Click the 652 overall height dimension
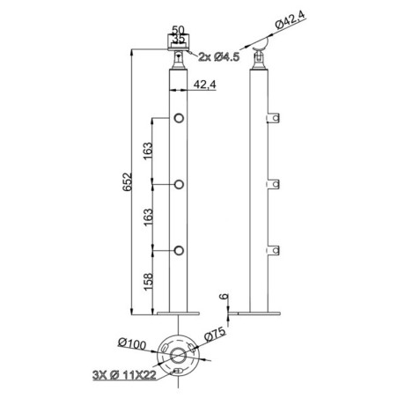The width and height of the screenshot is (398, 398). click(x=128, y=182)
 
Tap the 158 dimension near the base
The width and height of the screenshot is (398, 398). click(x=149, y=282)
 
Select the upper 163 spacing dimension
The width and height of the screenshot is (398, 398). click(x=149, y=151)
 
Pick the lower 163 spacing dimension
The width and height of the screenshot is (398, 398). click(x=149, y=217)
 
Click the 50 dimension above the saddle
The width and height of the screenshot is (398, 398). click(x=178, y=30)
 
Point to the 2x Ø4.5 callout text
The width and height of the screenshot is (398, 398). click(x=219, y=57)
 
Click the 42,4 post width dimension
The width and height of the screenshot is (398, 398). click(x=204, y=85)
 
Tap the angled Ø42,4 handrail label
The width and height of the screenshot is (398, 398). click(x=291, y=19)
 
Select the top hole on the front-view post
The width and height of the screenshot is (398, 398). click(x=179, y=118)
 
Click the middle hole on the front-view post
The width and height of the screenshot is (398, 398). click(x=179, y=185)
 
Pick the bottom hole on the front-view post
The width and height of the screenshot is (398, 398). click(x=179, y=251)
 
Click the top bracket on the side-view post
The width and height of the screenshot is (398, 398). click(x=273, y=118)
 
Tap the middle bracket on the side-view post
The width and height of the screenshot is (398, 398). click(x=273, y=185)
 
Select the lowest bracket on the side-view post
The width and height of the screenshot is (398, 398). click(x=273, y=251)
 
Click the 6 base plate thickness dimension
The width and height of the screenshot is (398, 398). click(x=224, y=297)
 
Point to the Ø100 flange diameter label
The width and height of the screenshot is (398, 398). click(x=132, y=343)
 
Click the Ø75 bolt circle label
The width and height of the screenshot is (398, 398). click(x=215, y=335)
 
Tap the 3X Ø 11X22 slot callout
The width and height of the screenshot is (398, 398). click(x=124, y=375)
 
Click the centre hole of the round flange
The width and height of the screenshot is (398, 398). click(x=178, y=356)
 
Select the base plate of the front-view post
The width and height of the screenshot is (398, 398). click(x=178, y=313)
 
